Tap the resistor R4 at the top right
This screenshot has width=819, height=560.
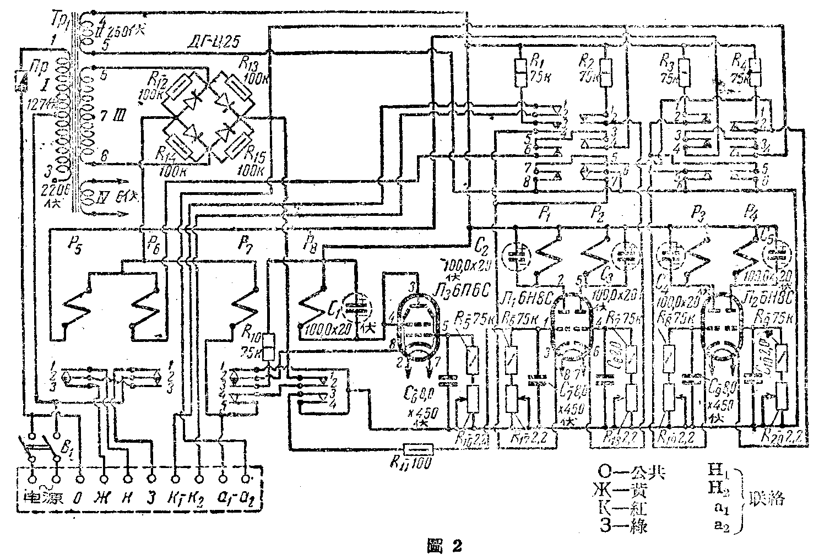tap(756, 70)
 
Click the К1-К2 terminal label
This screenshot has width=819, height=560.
tap(187, 500)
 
